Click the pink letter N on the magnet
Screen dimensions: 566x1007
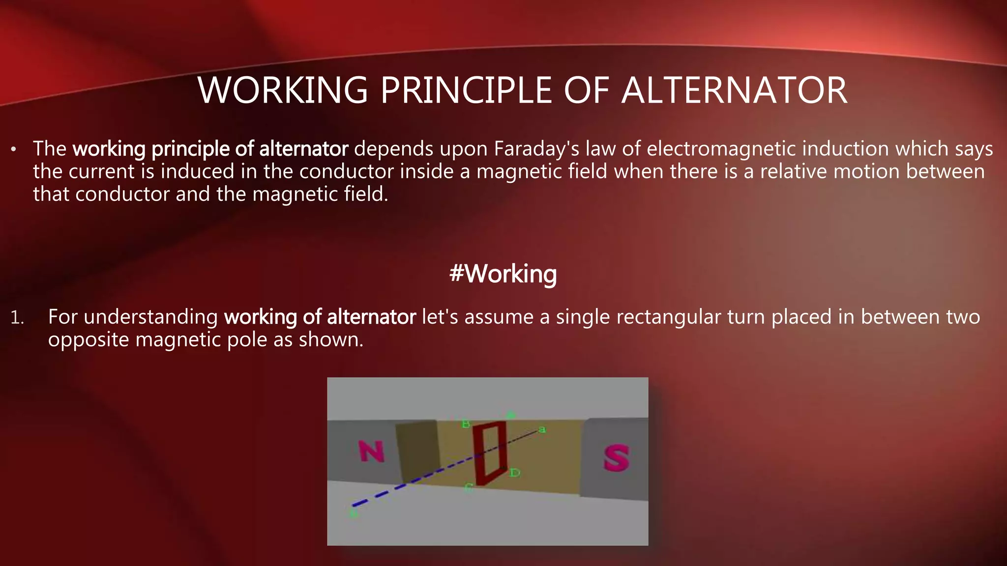(x=371, y=451)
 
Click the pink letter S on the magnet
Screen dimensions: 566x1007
(x=616, y=457)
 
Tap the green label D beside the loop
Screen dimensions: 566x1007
(x=514, y=473)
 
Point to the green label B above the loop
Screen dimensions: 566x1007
(x=466, y=424)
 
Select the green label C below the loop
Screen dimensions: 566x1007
(x=469, y=488)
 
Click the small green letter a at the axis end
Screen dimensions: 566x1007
(x=542, y=430)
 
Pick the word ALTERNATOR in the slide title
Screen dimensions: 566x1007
(x=734, y=90)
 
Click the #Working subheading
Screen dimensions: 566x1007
(x=503, y=274)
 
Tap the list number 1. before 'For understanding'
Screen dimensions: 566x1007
(x=17, y=318)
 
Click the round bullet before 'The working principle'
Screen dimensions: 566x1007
(x=14, y=149)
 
